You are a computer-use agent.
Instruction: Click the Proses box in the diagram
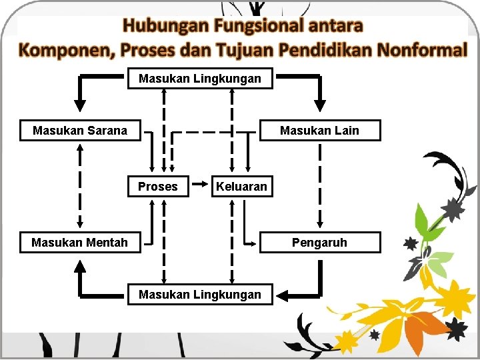(x=157, y=187)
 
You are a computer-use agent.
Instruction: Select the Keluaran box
(x=241, y=187)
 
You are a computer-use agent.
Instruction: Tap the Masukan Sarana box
(x=79, y=131)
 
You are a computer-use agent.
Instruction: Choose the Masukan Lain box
(x=319, y=131)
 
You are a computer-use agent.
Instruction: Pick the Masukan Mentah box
(x=79, y=243)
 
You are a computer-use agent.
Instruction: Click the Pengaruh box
(x=319, y=243)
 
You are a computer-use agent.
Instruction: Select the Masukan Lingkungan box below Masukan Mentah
(x=200, y=294)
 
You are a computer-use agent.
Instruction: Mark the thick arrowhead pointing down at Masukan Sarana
(x=80, y=105)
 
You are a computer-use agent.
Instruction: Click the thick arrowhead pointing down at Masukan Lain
(x=320, y=105)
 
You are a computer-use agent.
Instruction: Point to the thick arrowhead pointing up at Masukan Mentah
(x=80, y=266)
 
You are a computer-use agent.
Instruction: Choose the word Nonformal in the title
(x=422, y=50)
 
